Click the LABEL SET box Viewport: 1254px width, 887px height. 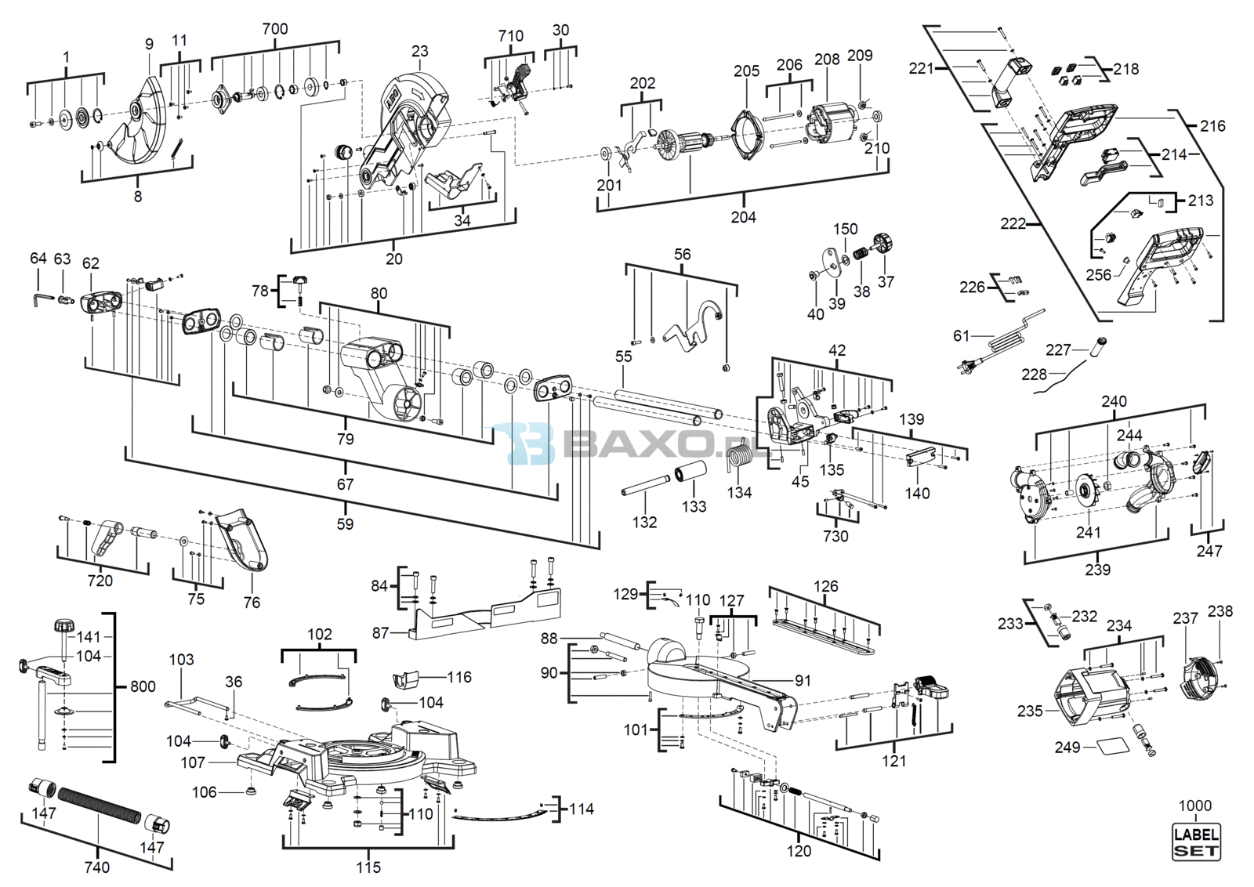tap(1196, 842)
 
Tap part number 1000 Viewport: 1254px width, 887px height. tap(1195, 806)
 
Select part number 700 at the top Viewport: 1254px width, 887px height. tap(275, 28)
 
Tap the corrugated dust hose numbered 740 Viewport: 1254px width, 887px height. tap(97, 806)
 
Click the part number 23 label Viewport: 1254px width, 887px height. tap(419, 51)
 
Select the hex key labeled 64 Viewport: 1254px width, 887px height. tap(42, 300)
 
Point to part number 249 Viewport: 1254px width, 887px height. tap(1067, 748)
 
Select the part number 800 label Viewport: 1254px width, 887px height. tap(142, 686)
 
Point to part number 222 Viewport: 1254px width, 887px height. tap(1013, 224)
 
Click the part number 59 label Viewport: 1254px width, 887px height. tap(346, 523)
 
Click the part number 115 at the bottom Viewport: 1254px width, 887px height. tap(368, 867)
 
